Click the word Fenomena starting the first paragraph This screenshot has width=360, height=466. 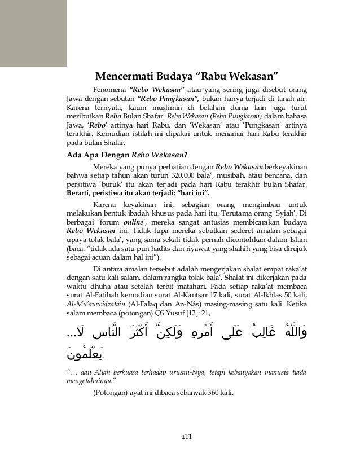[x=109, y=90]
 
